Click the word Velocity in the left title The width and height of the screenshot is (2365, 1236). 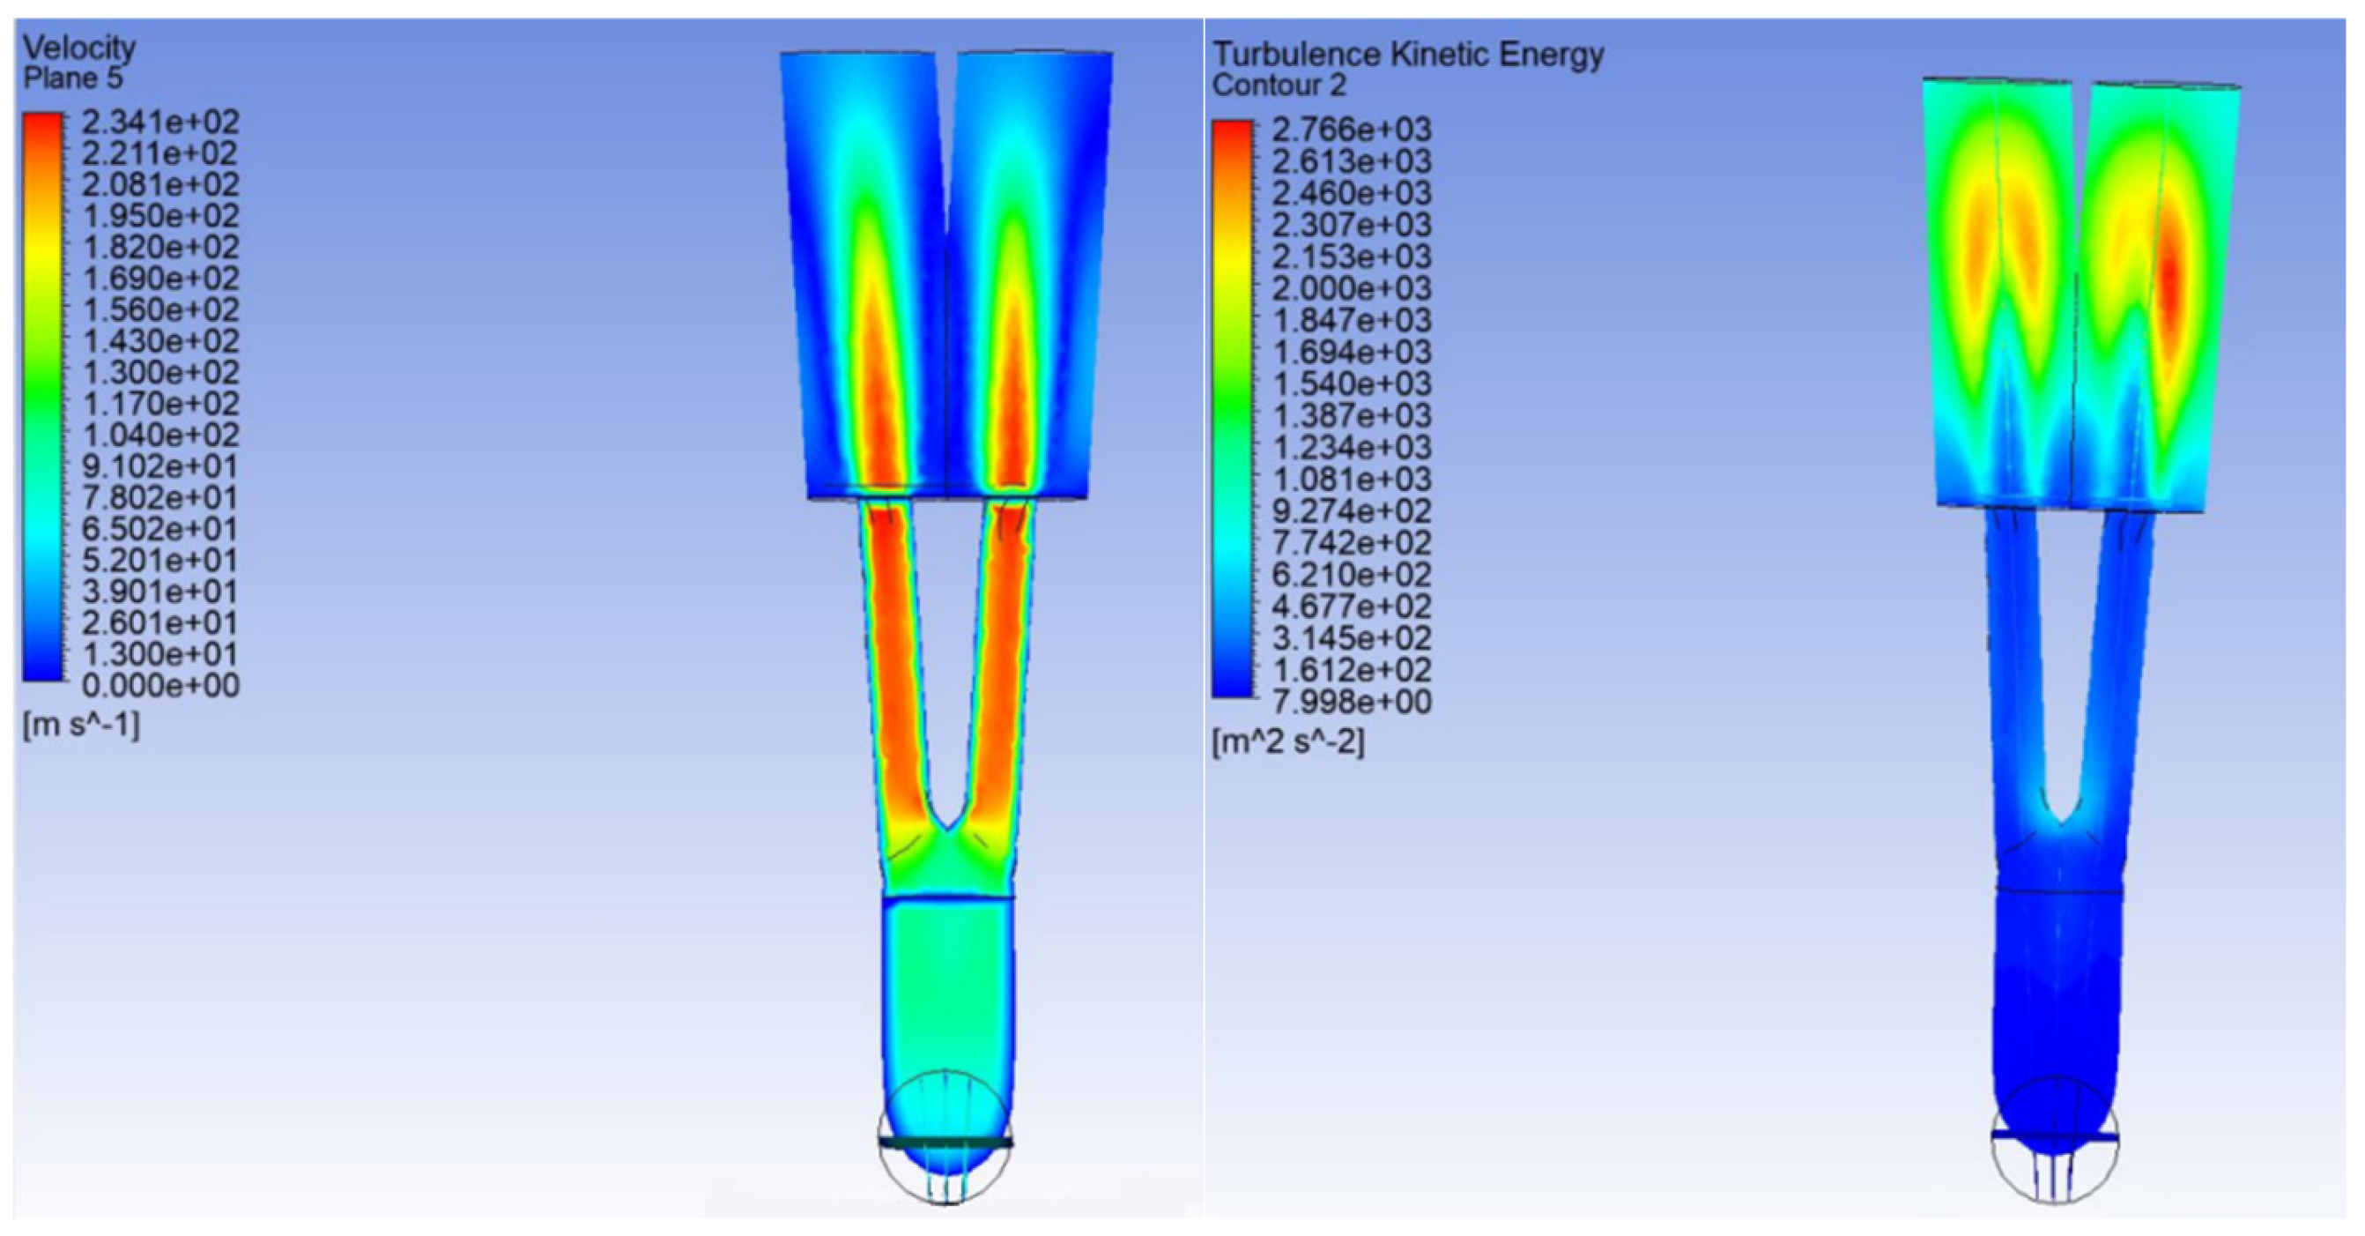[x=79, y=48]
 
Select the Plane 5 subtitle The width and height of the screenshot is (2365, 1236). [x=72, y=79]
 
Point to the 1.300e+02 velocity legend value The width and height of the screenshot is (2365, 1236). [x=160, y=372]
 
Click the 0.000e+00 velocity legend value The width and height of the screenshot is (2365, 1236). [x=160, y=685]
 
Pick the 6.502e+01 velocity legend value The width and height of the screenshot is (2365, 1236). [x=160, y=529]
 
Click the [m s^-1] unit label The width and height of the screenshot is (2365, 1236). [x=82, y=726]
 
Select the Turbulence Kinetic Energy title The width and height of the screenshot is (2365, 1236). [x=1407, y=54]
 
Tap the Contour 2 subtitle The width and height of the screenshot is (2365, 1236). [x=1279, y=86]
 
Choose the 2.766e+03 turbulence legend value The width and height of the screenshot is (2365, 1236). [x=1352, y=130]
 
